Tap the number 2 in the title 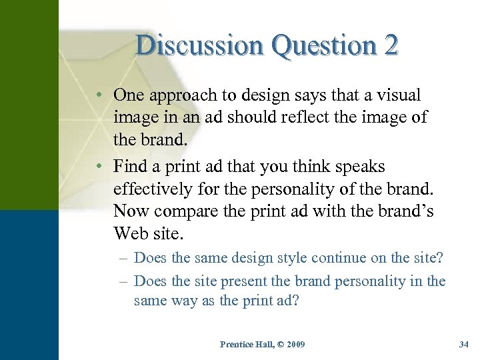click(391, 45)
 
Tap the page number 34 click(464, 345)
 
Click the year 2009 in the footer click(294, 345)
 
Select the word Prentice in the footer click(235, 345)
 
